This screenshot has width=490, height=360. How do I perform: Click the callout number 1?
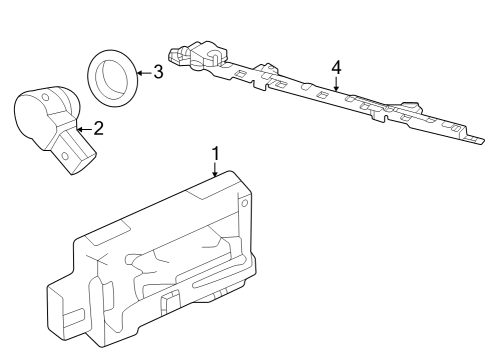point(215,152)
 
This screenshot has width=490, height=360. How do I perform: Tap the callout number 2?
point(97,128)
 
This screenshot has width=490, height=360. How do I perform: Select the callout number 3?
point(157,72)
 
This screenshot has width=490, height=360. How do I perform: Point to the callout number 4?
point(337,67)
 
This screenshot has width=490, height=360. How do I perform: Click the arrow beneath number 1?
point(215,170)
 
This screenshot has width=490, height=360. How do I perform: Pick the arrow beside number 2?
point(84,128)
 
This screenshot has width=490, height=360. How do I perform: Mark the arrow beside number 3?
point(142,72)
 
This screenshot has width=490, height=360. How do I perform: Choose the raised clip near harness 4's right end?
point(410,106)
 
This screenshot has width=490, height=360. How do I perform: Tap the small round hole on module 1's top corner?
point(240,202)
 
